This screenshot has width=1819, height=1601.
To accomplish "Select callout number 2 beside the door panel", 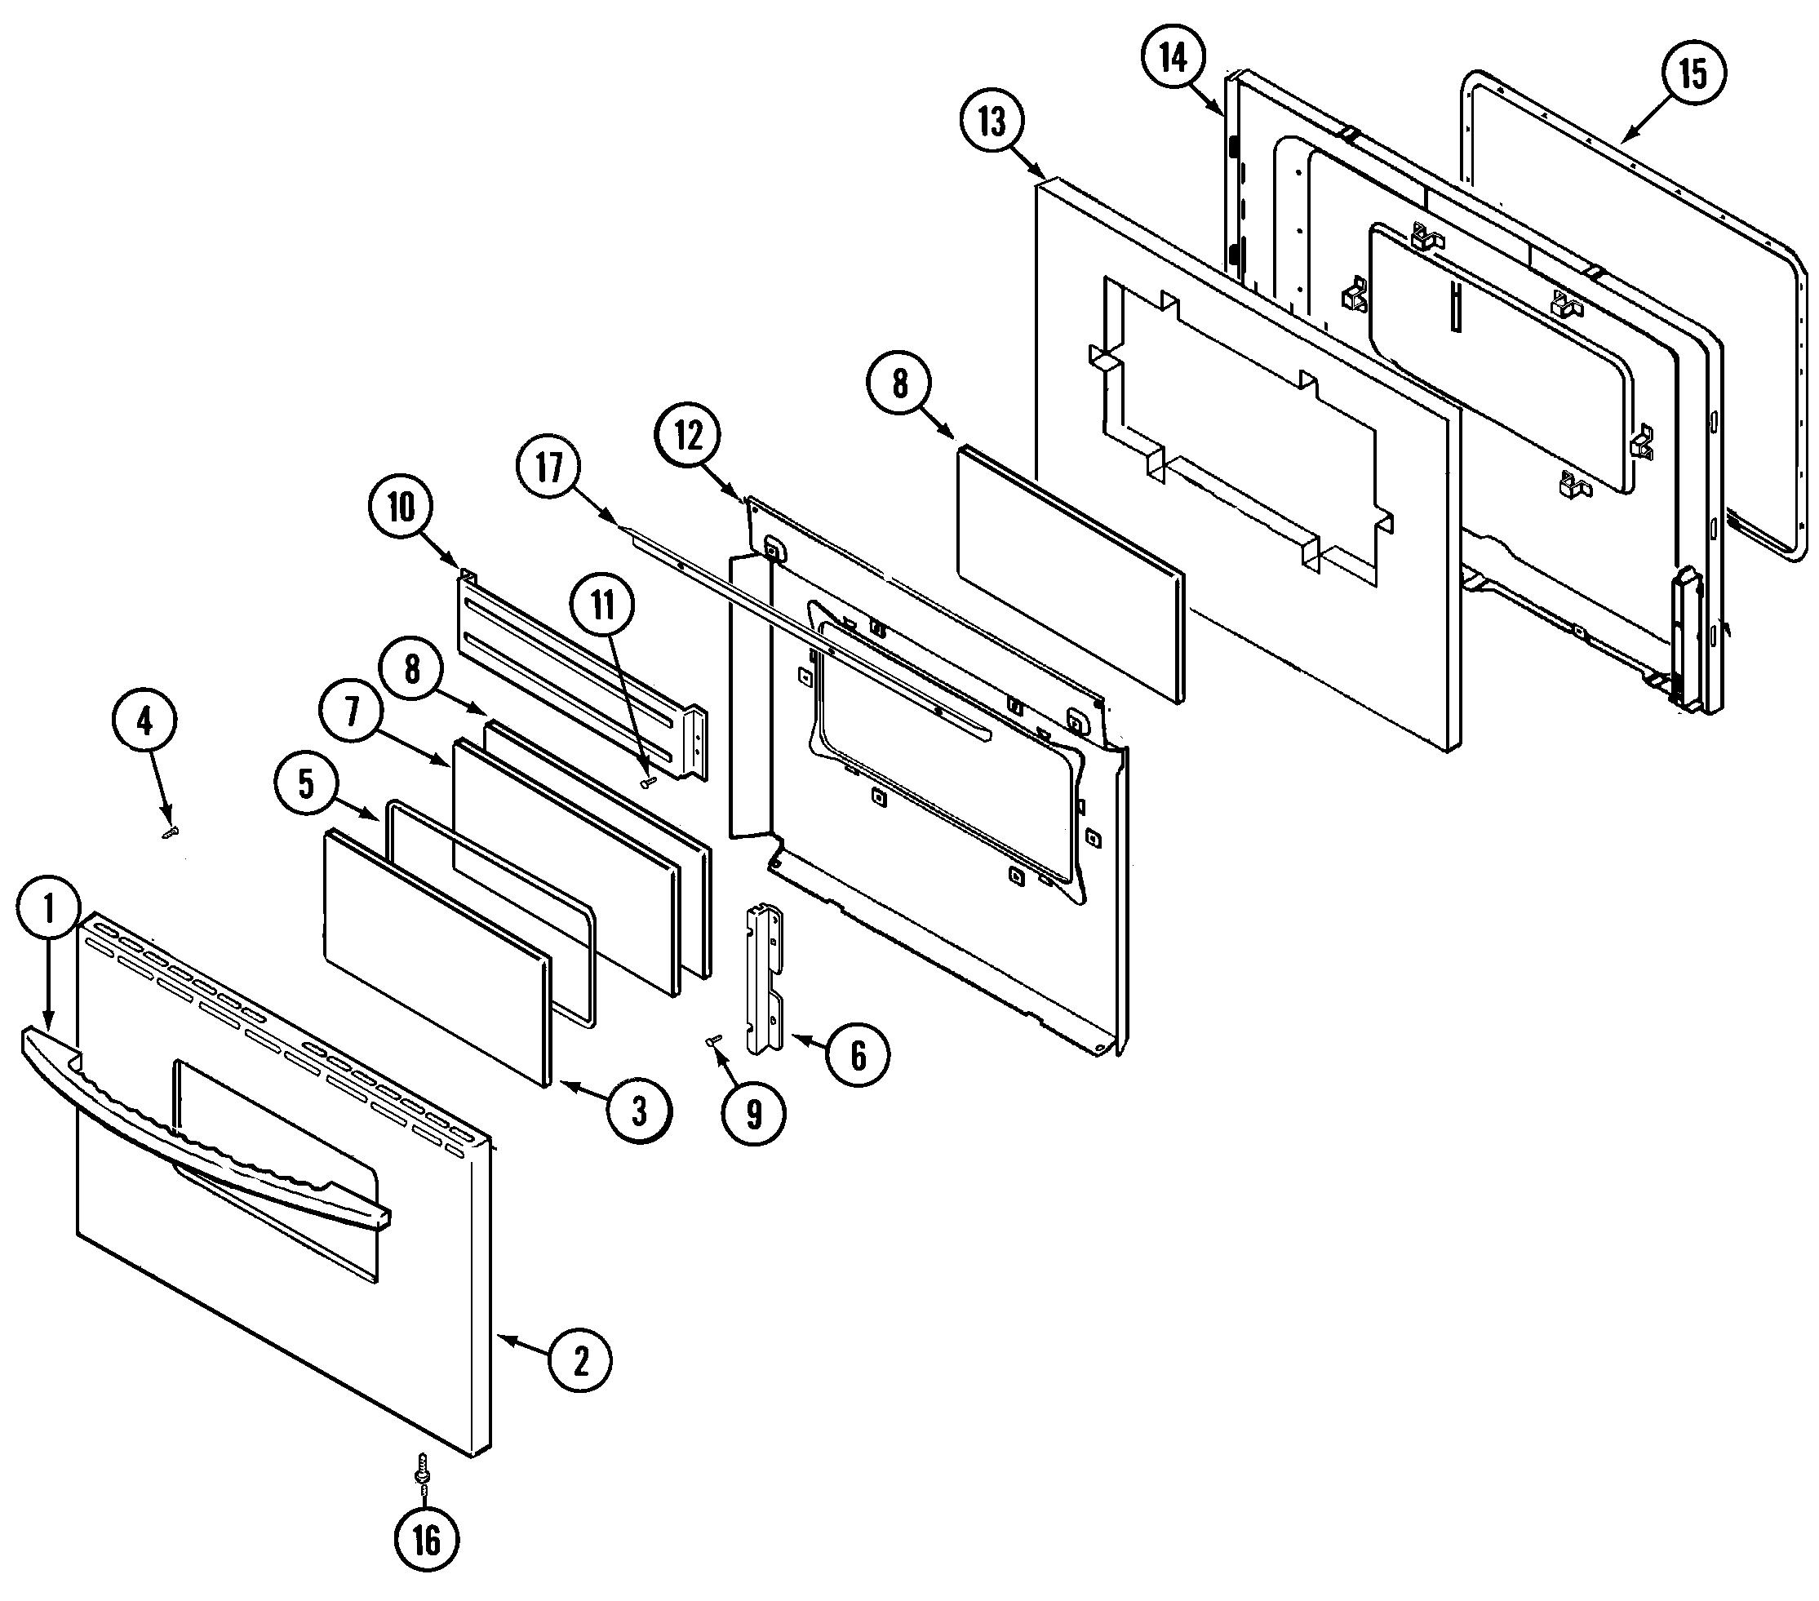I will (580, 1359).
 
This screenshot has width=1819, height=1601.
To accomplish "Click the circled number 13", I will (992, 121).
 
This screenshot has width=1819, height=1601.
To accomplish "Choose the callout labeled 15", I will (1693, 73).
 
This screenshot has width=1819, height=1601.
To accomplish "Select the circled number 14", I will (1173, 59).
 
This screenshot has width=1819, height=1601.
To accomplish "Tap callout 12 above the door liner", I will (689, 436).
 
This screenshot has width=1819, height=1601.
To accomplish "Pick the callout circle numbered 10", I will (402, 508).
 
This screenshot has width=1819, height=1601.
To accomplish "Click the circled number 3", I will (639, 1111).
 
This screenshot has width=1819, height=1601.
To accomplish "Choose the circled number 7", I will (353, 712).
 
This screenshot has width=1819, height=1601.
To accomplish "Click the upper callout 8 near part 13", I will (901, 384).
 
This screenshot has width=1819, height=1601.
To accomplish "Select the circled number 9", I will (754, 1113).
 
